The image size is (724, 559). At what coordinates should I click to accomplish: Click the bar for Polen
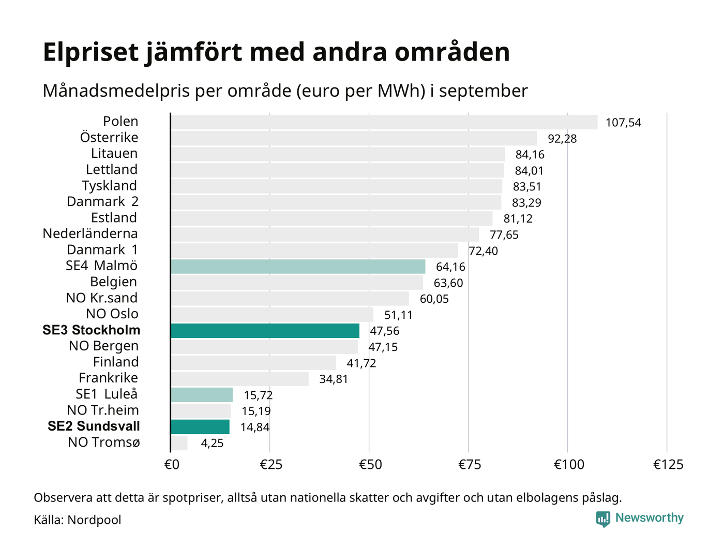coord(384,122)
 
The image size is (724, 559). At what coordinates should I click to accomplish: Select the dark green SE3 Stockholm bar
coord(265,331)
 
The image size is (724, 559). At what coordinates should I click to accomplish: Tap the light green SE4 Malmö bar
coord(298,267)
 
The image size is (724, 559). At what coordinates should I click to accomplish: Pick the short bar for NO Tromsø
coord(179,443)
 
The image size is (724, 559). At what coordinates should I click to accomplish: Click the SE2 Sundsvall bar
coord(200,427)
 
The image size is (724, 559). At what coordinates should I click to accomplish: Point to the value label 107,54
coord(623,123)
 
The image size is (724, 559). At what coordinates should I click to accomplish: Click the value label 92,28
coord(562,139)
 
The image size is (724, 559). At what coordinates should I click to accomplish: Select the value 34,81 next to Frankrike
coord(334,379)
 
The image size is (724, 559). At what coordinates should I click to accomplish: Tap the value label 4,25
coord(212,443)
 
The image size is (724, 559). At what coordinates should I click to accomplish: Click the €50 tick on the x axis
coord(370,465)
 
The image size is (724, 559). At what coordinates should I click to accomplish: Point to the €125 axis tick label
coord(668,465)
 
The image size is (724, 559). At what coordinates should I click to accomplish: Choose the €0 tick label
coord(172,465)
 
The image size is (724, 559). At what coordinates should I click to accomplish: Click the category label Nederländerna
coord(90,234)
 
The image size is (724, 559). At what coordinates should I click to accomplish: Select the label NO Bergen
coord(103,346)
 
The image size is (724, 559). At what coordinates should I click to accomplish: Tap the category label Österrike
coord(109,138)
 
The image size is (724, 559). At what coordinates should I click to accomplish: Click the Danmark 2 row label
coord(102,202)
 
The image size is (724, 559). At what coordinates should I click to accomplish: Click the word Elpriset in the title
coord(91,53)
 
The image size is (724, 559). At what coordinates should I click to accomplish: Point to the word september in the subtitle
coord(483,91)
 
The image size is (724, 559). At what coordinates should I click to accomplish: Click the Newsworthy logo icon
coord(603,519)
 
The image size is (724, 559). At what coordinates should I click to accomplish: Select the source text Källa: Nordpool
coord(78,520)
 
